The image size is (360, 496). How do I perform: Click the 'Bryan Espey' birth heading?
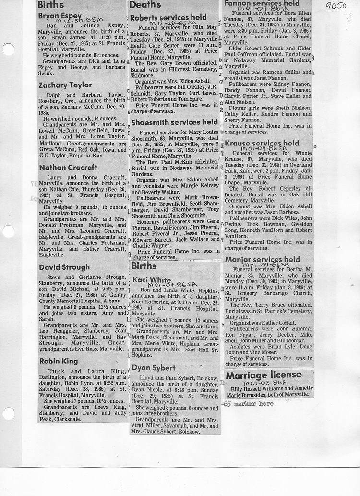pos(60,16)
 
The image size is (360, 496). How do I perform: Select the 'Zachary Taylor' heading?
pos(65,85)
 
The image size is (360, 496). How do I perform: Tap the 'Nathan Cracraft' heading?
pos(68,168)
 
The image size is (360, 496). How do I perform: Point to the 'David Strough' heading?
pos(64,267)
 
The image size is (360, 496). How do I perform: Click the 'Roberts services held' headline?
pos(168,18)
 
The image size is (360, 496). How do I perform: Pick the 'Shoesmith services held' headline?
pos(174,122)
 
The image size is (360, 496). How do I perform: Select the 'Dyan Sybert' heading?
pos(154,368)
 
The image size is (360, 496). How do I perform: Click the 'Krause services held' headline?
pos(262,143)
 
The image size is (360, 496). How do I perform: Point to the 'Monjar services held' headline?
pos(262,259)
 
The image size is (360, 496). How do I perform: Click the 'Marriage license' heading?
pos(264,375)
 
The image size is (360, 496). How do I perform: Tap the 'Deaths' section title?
pos(145,5)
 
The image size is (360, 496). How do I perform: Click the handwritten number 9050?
pos(336,6)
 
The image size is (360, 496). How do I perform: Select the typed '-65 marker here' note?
pos(248,403)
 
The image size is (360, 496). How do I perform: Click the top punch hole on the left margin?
pos(8,49)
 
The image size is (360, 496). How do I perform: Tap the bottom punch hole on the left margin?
pos(8,413)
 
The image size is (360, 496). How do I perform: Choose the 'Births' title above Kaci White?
pos(144,266)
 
